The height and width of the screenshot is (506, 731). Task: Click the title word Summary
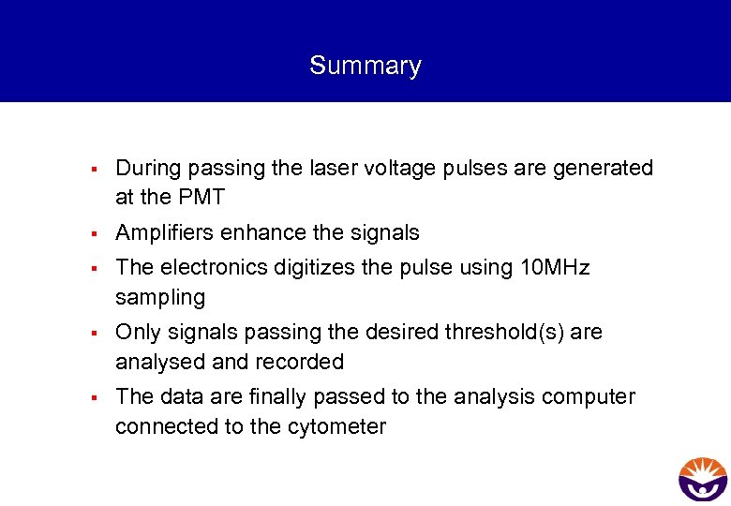(x=365, y=66)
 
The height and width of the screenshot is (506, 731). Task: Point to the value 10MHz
(x=554, y=268)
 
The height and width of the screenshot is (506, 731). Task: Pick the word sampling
(x=159, y=298)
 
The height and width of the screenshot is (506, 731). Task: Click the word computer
(x=587, y=397)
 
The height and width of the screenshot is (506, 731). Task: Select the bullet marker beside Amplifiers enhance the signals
(x=95, y=233)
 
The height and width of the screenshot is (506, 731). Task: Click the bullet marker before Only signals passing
(x=95, y=334)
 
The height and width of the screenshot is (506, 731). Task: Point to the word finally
(x=282, y=397)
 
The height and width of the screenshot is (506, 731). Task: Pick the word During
(x=148, y=169)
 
